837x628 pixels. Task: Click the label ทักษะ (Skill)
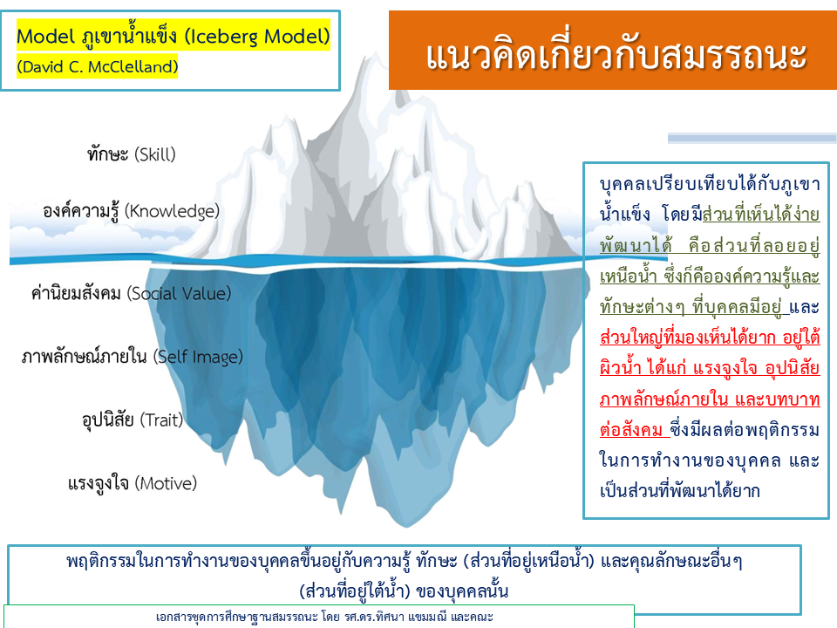tap(132, 154)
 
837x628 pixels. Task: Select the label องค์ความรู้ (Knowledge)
tap(132, 211)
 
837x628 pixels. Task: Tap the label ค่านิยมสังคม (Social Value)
tap(132, 293)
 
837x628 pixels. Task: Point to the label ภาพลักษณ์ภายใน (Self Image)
tap(133, 356)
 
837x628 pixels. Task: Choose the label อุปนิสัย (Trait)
tap(133, 420)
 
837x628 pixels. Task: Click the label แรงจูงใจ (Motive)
tap(133, 483)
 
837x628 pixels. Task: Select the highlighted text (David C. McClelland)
tap(97, 67)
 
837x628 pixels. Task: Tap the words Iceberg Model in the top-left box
tap(258, 37)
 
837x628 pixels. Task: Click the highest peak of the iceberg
tap(372, 53)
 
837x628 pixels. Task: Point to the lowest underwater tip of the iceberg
tap(407, 527)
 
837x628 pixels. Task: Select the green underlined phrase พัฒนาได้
tap(636, 245)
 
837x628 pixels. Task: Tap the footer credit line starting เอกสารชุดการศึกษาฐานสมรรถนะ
tap(324, 617)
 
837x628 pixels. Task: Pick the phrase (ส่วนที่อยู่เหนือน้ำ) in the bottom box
tap(528, 561)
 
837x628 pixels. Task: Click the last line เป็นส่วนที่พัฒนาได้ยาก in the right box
tap(679, 490)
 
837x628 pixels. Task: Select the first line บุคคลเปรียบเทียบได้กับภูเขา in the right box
tap(710, 184)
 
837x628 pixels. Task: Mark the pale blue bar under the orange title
tap(752, 139)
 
